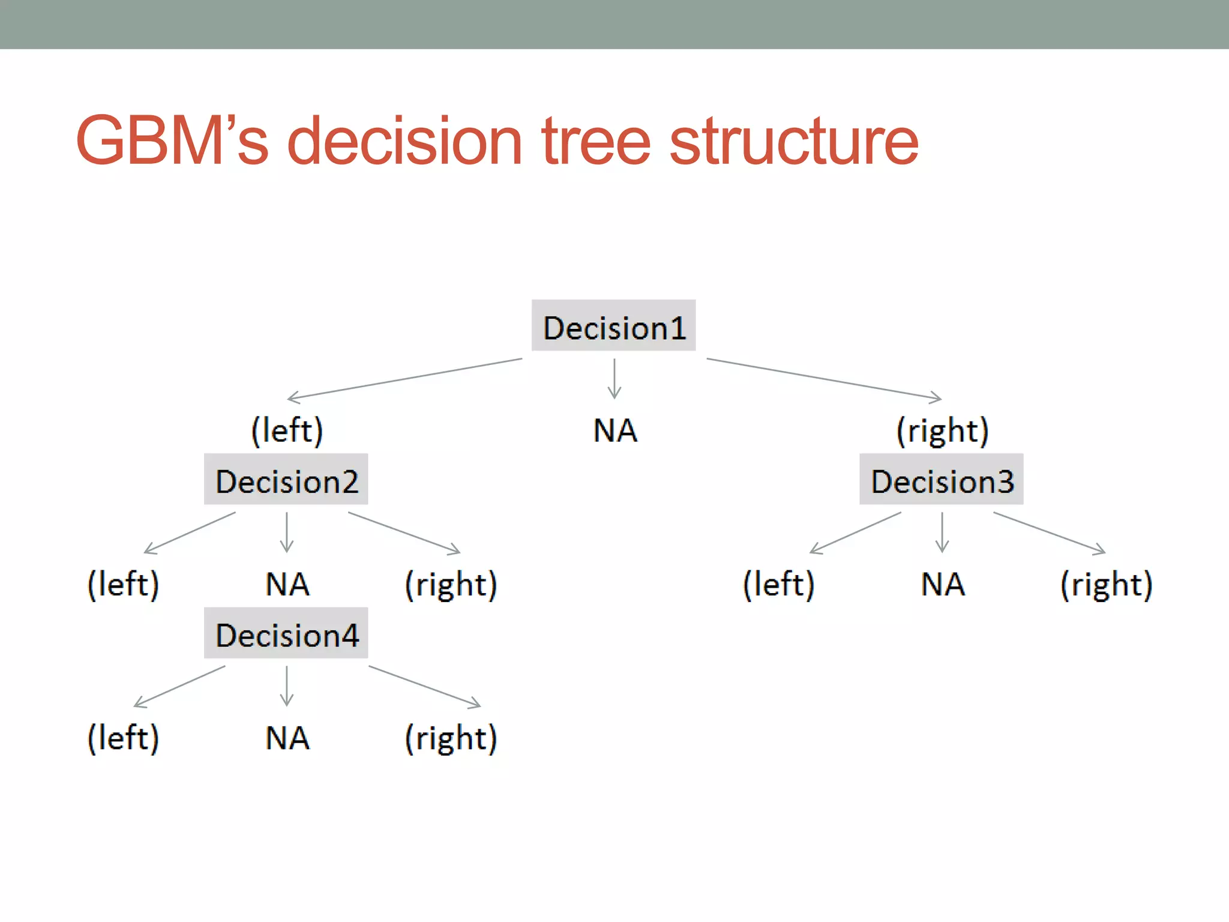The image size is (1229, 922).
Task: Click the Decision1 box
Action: coord(613,325)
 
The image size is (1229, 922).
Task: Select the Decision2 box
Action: coord(286,479)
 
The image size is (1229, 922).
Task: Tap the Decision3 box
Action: coord(941,479)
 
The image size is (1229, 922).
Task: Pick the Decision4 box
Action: coord(286,633)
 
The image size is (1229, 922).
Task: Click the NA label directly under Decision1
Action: coord(615,430)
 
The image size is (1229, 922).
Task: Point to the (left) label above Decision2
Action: coord(287,430)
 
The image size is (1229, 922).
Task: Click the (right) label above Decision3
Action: coord(942,430)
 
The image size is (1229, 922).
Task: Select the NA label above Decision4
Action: coord(287,584)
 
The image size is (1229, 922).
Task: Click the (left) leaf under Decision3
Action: coord(779,584)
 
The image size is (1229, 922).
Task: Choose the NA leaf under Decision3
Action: coord(943,584)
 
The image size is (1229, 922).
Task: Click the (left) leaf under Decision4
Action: coord(124,738)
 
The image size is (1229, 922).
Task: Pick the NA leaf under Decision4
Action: coord(287,738)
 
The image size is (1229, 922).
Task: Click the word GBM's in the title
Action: coord(172,141)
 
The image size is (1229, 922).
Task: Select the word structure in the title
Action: coord(793,141)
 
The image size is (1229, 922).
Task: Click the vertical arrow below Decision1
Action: coord(614,379)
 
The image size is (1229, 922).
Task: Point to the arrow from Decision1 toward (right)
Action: coord(824,379)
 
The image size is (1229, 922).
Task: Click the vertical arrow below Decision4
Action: coord(287,686)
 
